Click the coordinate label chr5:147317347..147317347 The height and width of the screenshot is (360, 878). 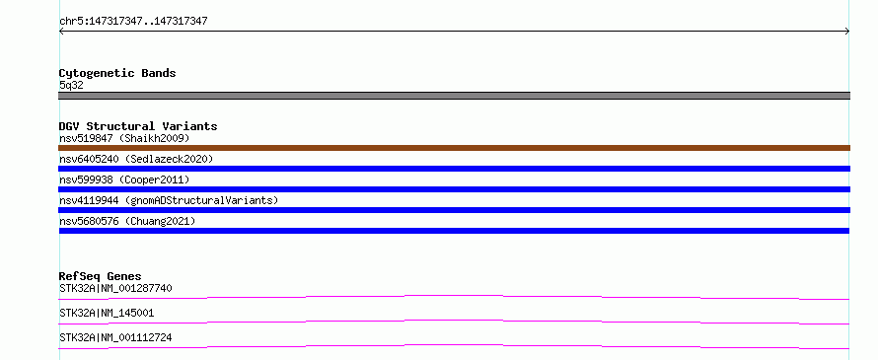pyautogui.click(x=133, y=22)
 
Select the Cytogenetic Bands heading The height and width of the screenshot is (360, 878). pyautogui.click(x=117, y=73)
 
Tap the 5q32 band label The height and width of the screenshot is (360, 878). pyautogui.click(x=71, y=86)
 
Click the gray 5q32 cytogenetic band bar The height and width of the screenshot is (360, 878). pyautogui.click(x=454, y=96)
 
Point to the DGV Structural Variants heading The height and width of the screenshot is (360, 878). pyautogui.click(x=138, y=126)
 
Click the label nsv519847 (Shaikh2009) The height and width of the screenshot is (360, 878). pyautogui.click(x=124, y=138)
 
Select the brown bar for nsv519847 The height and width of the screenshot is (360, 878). pyautogui.click(x=454, y=148)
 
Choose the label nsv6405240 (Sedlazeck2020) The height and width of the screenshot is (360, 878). pyautogui.click(x=136, y=159)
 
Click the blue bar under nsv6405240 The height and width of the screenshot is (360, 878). pyautogui.click(x=454, y=169)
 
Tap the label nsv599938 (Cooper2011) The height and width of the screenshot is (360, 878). pyautogui.click(x=124, y=180)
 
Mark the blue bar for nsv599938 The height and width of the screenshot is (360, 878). pyautogui.click(x=454, y=189)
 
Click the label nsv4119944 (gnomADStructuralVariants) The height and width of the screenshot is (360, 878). pyautogui.click(x=169, y=200)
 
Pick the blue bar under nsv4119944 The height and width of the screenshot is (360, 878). pyautogui.click(x=454, y=210)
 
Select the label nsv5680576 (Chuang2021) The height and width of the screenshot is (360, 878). pyautogui.click(x=127, y=221)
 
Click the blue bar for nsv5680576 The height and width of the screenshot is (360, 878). pyautogui.click(x=454, y=231)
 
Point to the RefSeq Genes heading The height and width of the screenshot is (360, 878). pyautogui.click(x=101, y=276)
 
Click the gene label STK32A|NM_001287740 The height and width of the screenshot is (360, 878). pyautogui.click(x=115, y=289)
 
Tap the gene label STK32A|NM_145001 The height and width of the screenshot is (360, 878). pyautogui.click(x=107, y=313)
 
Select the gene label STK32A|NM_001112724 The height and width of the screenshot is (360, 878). pyautogui.click(x=115, y=337)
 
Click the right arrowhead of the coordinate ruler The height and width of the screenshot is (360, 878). pyautogui.click(x=848, y=32)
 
